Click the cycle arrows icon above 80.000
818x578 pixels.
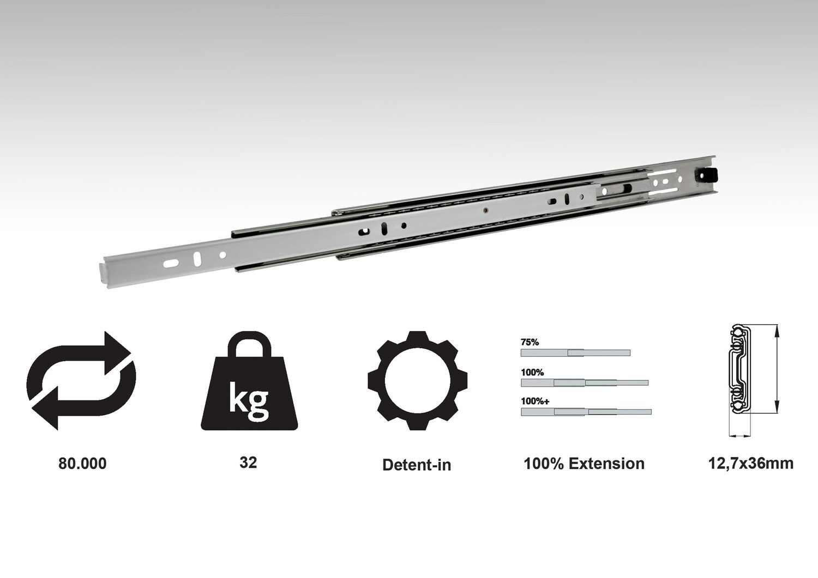tap(82, 380)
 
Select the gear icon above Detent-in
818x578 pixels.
tap(417, 380)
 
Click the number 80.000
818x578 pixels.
tap(82, 464)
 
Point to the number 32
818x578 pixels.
tap(248, 463)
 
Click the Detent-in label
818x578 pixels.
tap(417, 465)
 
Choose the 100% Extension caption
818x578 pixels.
tap(584, 464)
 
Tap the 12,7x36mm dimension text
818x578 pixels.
tap(750, 464)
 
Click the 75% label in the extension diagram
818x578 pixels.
tap(530, 342)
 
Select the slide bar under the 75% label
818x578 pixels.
tap(575, 353)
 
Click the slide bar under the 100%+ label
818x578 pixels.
tap(586, 412)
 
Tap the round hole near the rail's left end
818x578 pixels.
tap(222, 255)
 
